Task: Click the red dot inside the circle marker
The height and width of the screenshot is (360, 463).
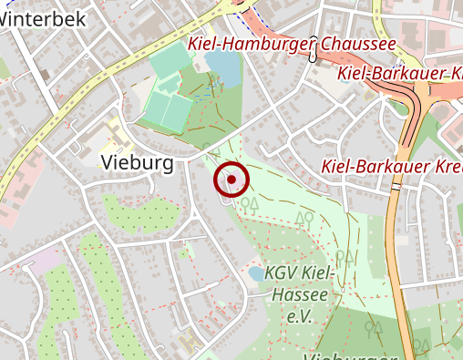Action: point(231,180)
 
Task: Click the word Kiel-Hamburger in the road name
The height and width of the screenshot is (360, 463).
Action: point(247,44)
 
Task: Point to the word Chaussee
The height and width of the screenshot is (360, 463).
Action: point(356,44)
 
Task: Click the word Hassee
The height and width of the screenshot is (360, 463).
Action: point(298,295)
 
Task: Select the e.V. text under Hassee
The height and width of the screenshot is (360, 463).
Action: point(299,316)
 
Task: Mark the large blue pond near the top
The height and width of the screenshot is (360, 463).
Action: point(222,66)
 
